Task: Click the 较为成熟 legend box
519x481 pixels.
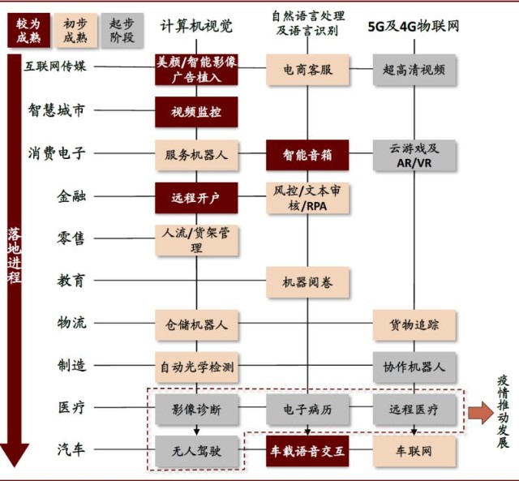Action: pyautogui.click(x=29, y=30)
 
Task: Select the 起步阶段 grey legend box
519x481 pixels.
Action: pyautogui.click(x=122, y=30)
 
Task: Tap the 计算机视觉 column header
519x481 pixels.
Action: pyautogui.click(x=196, y=26)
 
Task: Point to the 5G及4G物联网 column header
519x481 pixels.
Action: pyautogui.click(x=414, y=26)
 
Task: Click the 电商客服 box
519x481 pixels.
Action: pyautogui.click(x=307, y=70)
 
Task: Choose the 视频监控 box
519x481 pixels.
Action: pyautogui.click(x=196, y=112)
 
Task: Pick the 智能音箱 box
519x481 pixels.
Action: pyautogui.click(x=307, y=155)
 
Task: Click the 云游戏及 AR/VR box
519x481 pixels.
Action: pyautogui.click(x=414, y=155)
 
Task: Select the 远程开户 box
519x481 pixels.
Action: pyautogui.click(x=196, y=198)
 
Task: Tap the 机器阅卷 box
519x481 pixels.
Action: pyautogui.click(x=307, y=282)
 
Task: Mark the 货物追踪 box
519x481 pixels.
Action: pyautogui.click(x=414, y=324)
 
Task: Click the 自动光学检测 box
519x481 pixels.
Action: pyautogui.click(x=196, y=367)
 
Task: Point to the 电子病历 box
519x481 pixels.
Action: pyautogui.click(x=307, y=410)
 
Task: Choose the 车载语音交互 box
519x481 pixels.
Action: pyautogui.click(x=307, y=451)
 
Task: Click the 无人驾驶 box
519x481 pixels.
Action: pyautogui.click(x=196, y=451)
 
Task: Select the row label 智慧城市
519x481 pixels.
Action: pyautogui.click(x=56, y=110)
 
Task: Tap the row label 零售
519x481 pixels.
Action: pyautogui.click(x=71, y=238)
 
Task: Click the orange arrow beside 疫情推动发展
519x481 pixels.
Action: pyautogui.click(x=481, y=413)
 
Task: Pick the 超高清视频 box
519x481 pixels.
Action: pyautogui.click(x=414, y=70)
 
